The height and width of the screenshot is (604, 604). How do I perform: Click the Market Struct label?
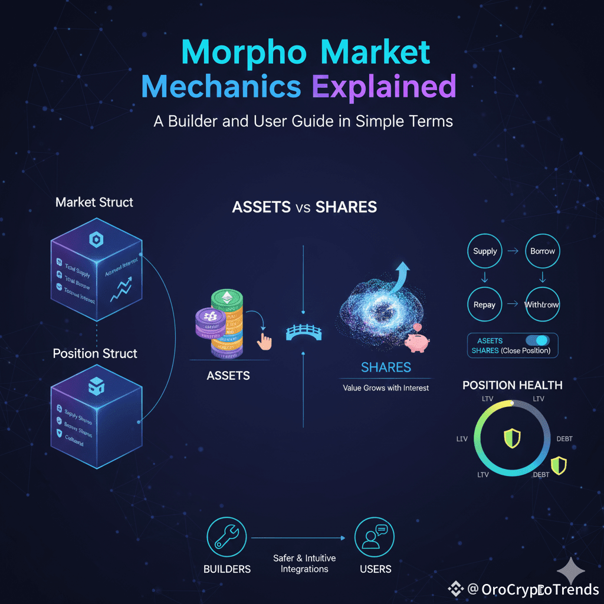click(94, 202)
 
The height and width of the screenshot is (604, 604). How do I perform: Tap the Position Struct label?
click(95, 353)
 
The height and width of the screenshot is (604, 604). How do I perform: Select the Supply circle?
click(485, 251)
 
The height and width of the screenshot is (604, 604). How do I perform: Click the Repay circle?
click(485, 305)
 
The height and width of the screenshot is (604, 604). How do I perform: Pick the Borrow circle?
click(542, 251)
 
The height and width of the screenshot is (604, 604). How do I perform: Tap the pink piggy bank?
click(416, 341)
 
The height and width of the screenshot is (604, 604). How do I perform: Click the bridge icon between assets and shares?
click(303, 333)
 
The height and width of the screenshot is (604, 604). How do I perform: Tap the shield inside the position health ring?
click(511, 438)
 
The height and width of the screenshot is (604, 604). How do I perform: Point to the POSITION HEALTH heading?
click(512, 385)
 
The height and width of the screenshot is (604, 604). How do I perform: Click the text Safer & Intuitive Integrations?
click(304, 563)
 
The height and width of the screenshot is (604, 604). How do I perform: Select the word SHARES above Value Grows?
click(386, 368)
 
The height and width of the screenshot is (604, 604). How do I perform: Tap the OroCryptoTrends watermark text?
click(540, 589)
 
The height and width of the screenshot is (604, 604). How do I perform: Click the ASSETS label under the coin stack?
click(228, 376)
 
